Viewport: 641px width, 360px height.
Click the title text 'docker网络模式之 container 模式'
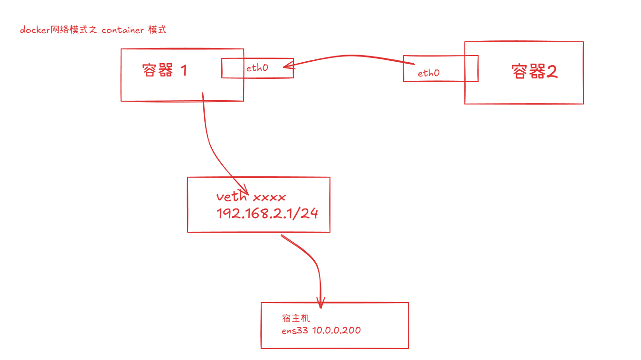93,30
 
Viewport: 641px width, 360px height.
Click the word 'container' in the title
123,30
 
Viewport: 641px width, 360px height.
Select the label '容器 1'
164,71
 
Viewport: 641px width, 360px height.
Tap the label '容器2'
534,72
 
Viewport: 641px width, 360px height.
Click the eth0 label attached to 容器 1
257,68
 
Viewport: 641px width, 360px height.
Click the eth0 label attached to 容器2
428,73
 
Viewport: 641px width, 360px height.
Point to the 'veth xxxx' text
251,197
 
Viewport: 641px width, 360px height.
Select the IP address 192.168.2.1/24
267,213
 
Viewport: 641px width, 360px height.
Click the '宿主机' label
296,318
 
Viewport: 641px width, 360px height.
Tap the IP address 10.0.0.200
336,330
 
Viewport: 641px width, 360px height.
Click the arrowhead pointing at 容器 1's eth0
288,67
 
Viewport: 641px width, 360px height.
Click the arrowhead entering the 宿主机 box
321,302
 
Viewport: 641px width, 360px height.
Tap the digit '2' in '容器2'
551,72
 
